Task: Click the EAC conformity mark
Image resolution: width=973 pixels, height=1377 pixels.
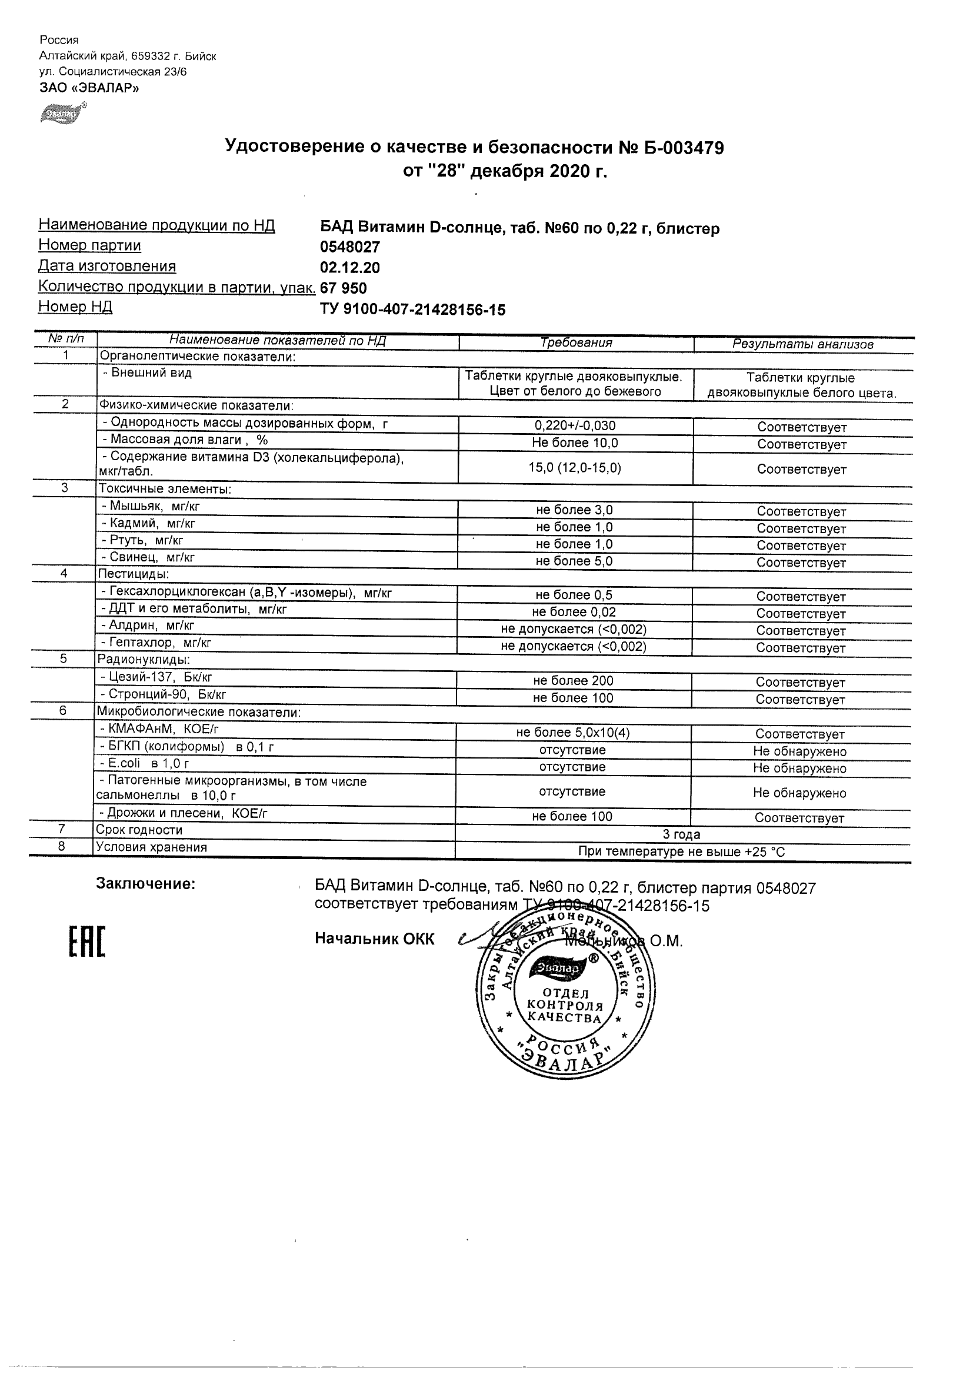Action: [x=86, y=941]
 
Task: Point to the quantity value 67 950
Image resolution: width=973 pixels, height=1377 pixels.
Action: [x=344, y=288]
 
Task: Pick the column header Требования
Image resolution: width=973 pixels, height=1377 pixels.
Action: [x=576, y=343]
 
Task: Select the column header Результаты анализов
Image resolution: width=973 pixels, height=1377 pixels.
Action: [x=803, y=344]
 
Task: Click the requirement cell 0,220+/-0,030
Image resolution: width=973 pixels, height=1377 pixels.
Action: [x=575, y=426]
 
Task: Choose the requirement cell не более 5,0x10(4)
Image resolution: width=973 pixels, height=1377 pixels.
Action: [x=572, y=733]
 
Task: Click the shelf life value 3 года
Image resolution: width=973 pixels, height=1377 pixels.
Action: [x=681, y=834]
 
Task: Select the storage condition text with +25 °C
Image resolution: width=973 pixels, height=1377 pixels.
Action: [x=681, y=852]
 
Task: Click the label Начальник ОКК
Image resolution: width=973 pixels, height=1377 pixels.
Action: [x=375, y=939]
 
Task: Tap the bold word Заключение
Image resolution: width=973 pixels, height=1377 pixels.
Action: [x=146, y=884]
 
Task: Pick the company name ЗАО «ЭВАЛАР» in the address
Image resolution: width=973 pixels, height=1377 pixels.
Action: [x=89, y=88]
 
